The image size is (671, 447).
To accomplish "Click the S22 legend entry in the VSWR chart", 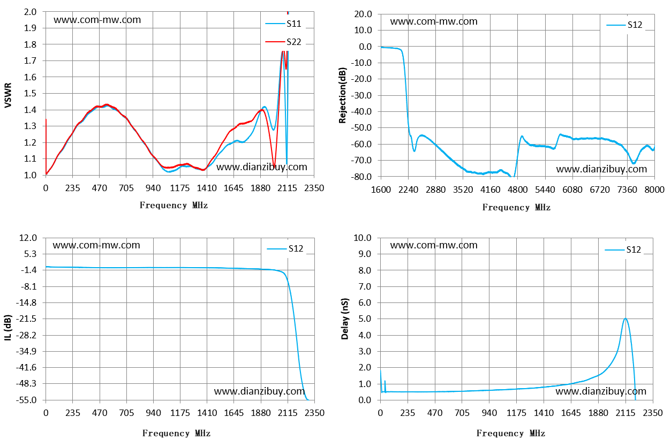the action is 283,42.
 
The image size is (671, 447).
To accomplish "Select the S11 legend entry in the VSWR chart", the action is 283,24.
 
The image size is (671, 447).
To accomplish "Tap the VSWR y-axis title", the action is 8,95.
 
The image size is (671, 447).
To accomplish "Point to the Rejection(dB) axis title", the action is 342,95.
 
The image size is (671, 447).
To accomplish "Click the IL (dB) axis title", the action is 8,328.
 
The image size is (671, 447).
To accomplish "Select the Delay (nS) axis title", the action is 345,319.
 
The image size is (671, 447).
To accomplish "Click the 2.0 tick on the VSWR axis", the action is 30,12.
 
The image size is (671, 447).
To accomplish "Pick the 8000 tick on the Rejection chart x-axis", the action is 654,190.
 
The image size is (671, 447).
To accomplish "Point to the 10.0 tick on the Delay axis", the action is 363,238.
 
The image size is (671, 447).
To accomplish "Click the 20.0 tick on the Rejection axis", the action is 363,14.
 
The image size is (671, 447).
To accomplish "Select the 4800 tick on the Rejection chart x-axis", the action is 518,190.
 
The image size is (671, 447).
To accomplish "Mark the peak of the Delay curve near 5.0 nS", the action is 625,319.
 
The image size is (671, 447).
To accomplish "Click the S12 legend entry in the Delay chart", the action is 623,249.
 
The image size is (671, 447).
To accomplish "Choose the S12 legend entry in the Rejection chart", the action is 624,25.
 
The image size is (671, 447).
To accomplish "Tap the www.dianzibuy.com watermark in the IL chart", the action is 259,391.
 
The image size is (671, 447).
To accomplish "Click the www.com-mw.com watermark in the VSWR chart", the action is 97,20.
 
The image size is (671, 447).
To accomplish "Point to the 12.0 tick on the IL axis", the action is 28,238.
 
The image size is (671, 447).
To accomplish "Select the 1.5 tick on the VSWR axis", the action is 30,93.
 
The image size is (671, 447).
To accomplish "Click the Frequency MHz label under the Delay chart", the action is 511,433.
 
